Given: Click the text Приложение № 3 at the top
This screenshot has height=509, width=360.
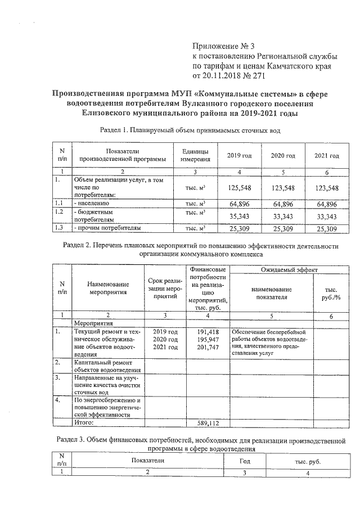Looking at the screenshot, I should point(224,46).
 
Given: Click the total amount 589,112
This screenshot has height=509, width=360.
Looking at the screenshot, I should point(208,422).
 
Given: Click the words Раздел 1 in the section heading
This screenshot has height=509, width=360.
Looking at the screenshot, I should point(114,130).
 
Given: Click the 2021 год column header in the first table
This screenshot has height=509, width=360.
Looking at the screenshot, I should point(327,155).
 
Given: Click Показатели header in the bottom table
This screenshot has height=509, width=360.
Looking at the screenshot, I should point(147,461).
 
